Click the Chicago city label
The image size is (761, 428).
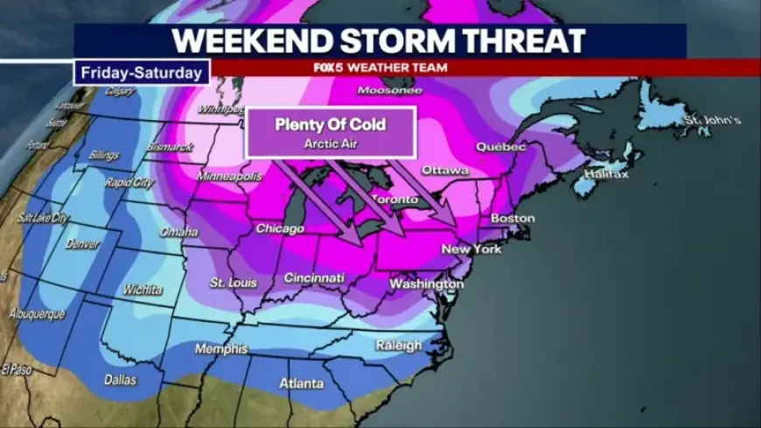[280, 229]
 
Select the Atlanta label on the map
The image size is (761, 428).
[301, 384]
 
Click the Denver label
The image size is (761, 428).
[83, 244]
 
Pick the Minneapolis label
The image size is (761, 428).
[230, 176]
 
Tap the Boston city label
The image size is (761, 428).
[512, 218]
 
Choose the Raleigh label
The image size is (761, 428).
[399, 346]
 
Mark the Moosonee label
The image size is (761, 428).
[390, 90]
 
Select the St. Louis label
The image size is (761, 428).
[230, 282]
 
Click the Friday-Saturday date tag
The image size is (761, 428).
[142, 73]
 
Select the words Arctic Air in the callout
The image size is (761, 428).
[331, 143]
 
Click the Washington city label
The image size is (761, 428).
[426, 284]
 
